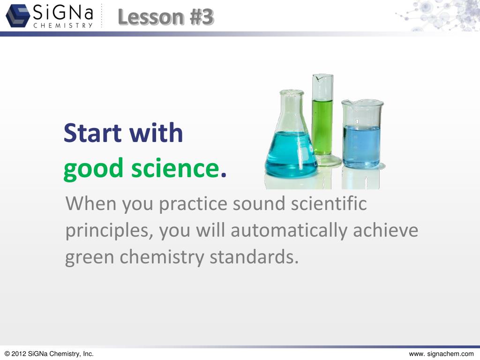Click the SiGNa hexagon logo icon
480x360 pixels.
click(x=18, y=15)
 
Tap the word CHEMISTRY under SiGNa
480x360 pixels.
click(x=63, y=25)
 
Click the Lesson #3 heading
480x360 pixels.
click(x=165, y=17)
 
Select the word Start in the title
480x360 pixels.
click(x=93, y=133)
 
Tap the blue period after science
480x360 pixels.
click(x=224, y=174)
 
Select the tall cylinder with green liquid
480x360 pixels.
click(x=322, y=122)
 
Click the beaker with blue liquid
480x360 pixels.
click(x=361, y=141)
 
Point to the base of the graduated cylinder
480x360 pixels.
click(x=326, y=161)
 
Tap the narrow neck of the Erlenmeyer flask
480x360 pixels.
click(x=292, y=105)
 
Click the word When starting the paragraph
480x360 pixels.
click(x=91, y=204)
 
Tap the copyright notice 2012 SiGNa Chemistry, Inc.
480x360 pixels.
click(x=49, y=354)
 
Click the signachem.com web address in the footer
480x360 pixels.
click(x=441, y=354)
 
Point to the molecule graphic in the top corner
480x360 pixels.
click(x=438, y=15)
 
